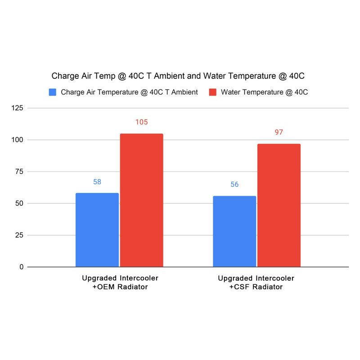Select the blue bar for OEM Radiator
pyautogui.click(x=97, y=230)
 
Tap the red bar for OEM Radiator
pyautogui.click(x=141, y=200)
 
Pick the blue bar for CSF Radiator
pyautogui.click(x=234, y=231)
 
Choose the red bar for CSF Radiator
pyautogui.click(x=279, y=205)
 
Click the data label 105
pyautogui.click(x=141, y=122)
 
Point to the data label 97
pyautogui.click(x=279, y=132)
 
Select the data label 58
pyautogui.click(x=97, y=182)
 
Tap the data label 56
pyautogui.click(x=234, y=184)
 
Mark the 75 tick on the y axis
pyautogui.click(x=19, y=171)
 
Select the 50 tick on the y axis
pyautogui.click(x=19, y=203)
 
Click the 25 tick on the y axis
pyautogui.click(x=19, y=235)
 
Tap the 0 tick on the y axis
pyautogui.click(x=21, y=267)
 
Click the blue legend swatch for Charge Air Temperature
pyautogui.click(x=53, y=92)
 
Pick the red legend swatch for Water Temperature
pyautogui.click(x=213, y=92)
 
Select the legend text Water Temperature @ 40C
pyautogui.click(x=265, y=92)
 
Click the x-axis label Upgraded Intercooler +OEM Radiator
pyautogui.click(x=120, y=282)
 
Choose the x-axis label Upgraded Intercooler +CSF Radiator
pyautogui.click(x=256, y=282)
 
